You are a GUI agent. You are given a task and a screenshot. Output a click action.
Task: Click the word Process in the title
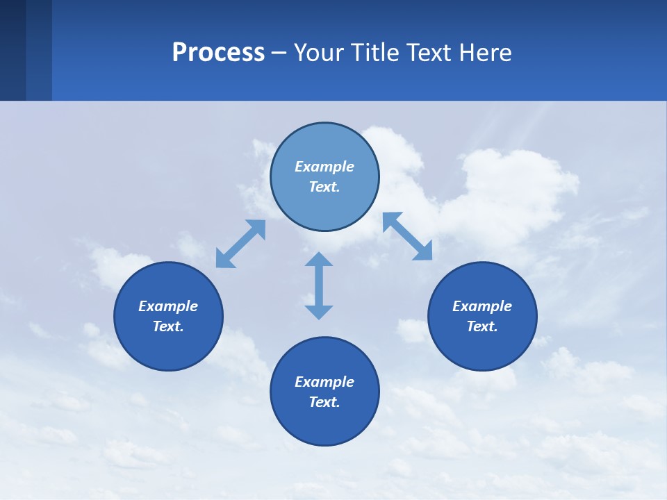218,53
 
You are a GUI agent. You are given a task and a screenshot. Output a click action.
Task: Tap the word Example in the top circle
324,167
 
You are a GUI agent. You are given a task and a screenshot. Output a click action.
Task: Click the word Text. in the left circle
168,326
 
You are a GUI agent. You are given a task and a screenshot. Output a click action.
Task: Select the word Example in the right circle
482,306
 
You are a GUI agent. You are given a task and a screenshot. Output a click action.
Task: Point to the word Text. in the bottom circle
324,402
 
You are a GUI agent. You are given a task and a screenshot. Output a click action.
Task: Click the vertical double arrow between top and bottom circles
319,285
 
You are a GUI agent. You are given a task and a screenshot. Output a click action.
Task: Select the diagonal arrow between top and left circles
240,244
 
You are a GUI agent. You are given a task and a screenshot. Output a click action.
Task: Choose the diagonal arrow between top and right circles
408,236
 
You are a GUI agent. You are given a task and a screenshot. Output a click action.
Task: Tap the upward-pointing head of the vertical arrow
319,258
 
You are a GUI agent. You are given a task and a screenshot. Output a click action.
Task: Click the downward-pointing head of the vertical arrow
319,312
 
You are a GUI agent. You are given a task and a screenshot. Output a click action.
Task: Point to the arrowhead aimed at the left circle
224,260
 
